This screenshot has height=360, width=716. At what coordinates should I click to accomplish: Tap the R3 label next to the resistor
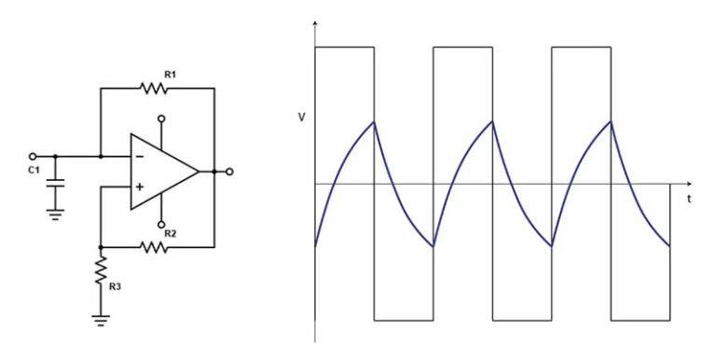[x=115, y=286]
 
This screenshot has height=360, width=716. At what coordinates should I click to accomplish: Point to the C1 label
[x=34, y=171]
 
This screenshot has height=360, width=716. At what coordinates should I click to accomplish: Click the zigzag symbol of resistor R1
[x=154, y=89]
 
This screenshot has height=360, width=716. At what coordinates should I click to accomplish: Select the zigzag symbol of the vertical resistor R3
[x=101, y=271]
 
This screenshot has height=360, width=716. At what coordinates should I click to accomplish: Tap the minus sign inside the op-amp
[x=139, y=157]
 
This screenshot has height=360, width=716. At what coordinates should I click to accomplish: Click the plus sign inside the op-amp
[x=139, y=187]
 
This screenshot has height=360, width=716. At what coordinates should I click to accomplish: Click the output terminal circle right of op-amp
[x=229, y=172]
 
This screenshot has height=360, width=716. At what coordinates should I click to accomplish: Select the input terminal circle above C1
[x=33, y=156]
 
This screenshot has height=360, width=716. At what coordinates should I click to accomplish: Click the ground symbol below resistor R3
[x=101, y=319]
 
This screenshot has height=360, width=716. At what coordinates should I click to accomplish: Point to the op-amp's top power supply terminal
[x=161, y=118]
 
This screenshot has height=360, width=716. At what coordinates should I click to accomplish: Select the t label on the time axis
[x=689, y=199]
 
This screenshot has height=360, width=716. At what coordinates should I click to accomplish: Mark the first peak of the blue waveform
[x=374, y=121]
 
